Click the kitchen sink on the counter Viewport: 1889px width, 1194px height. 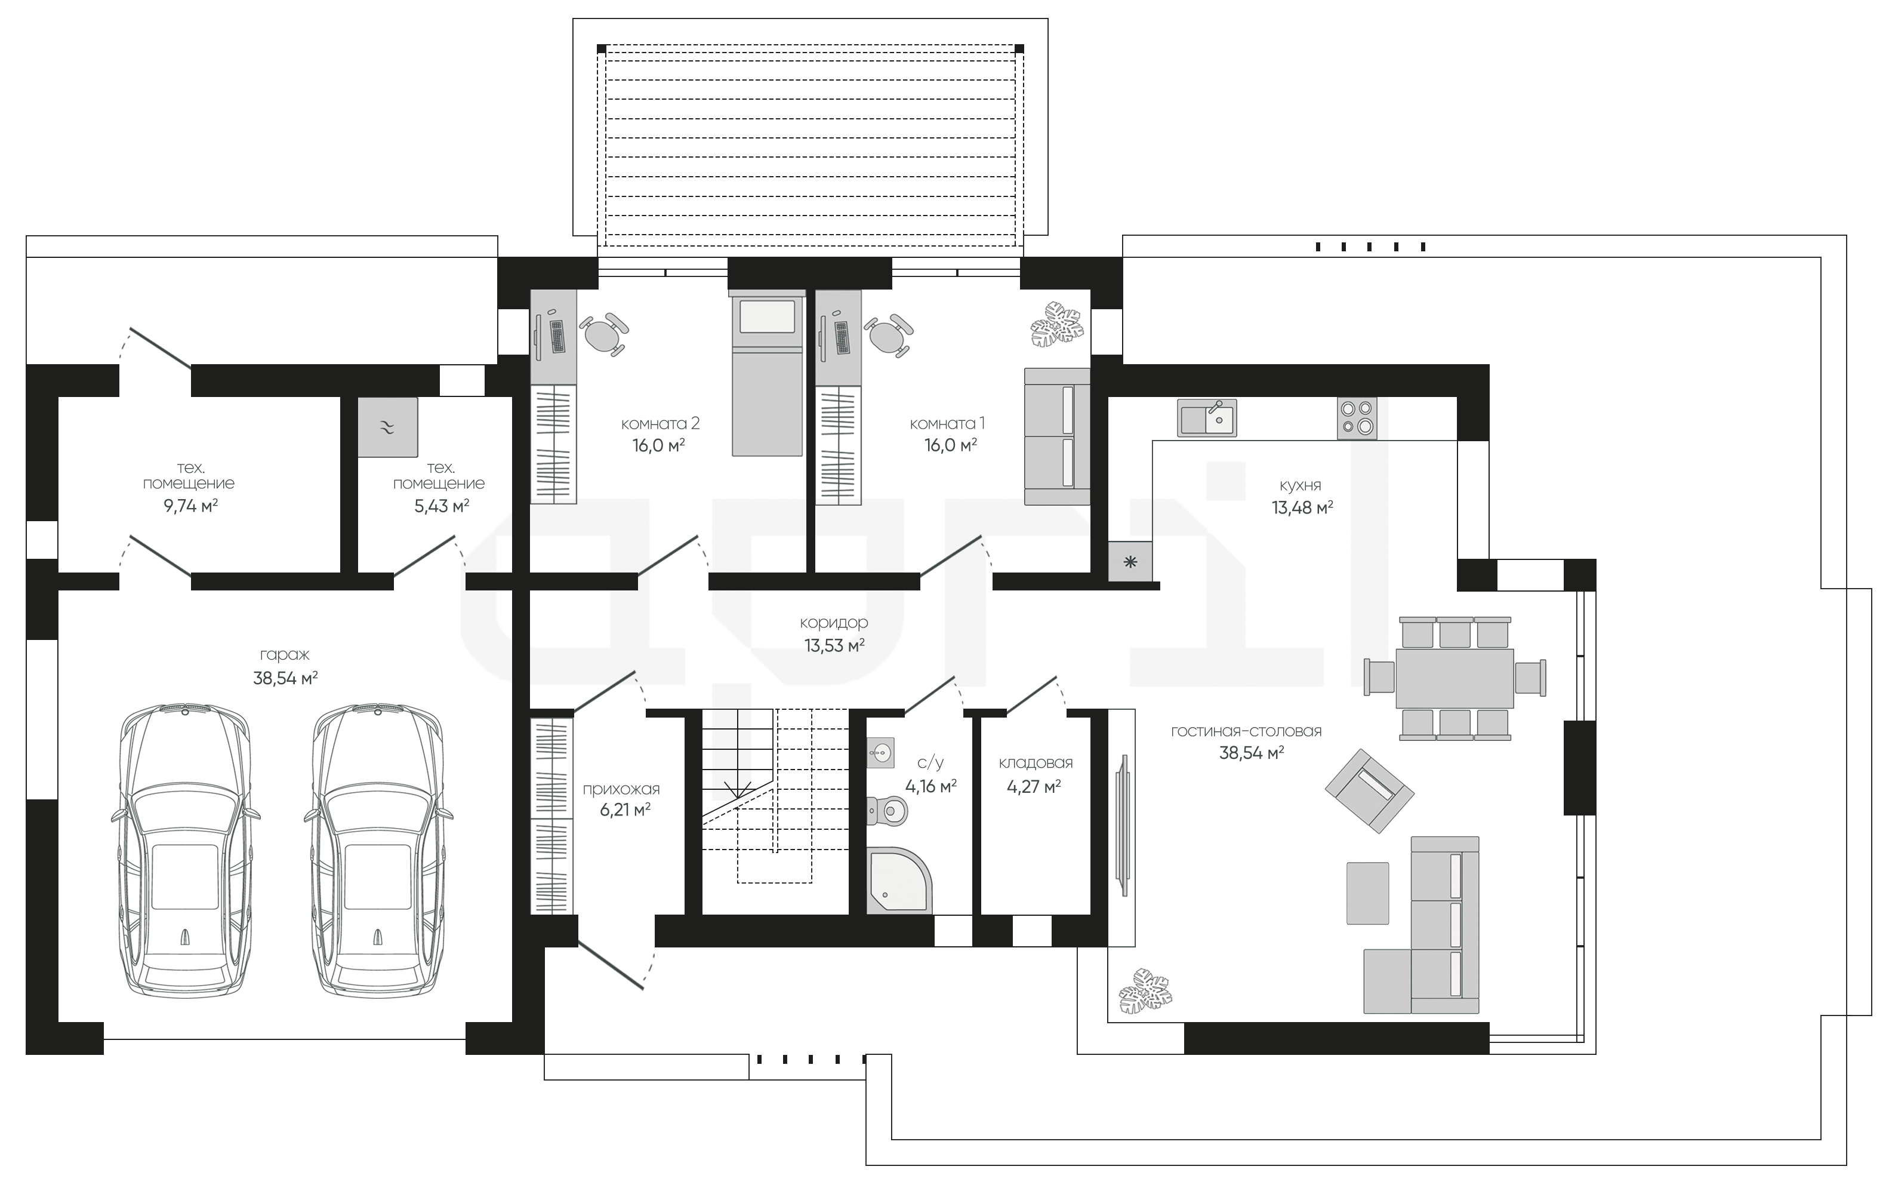coord(1206,417)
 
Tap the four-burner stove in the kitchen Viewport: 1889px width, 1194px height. coord(1357,417)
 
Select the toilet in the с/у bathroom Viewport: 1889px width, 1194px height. coord(886,809)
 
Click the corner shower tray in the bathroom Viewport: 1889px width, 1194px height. coord(898,879)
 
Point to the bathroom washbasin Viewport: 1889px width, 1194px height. coord(880,753)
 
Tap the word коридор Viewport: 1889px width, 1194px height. coord(834,623)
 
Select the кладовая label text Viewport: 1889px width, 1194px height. coord(1036,762)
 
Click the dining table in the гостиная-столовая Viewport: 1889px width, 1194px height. coord(1455,678)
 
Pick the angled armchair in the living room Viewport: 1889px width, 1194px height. coord(1370,790)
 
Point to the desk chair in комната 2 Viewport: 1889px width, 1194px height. coord(603,335)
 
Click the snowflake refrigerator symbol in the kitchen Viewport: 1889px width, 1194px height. coord(1130,562)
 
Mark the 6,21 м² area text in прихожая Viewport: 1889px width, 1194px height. coord(625,810)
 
